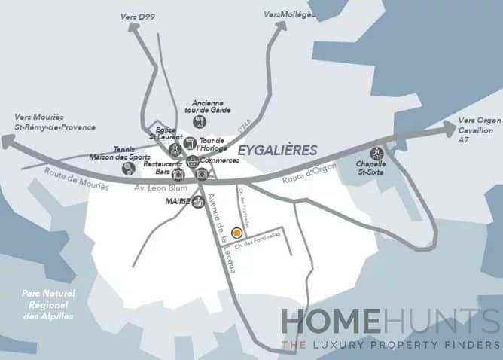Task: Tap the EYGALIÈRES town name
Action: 277,150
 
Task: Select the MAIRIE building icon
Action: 198,202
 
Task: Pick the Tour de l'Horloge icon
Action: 188,143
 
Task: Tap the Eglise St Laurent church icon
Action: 175,148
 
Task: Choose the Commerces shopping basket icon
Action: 194,162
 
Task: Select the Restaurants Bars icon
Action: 178,175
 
